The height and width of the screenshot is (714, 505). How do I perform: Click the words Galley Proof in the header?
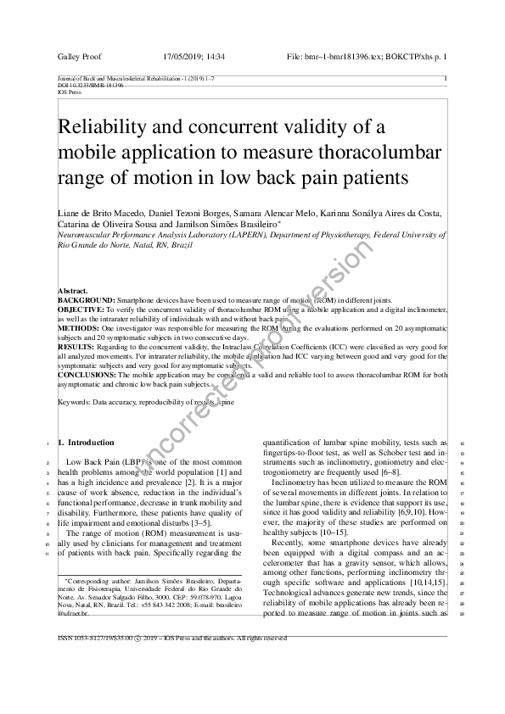click(x=79, y=57)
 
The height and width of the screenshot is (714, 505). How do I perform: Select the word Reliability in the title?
click(x=107, y=128)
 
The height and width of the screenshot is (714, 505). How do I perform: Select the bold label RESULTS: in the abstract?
click(x=76, y=348)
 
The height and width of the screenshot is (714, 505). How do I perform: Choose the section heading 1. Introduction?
click(x=85, y=443)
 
